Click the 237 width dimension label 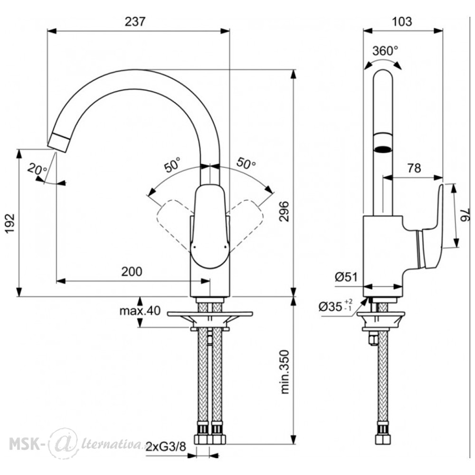pos(135,21)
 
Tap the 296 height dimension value pos(284,211)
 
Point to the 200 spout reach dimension pos(132,271)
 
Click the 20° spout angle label pos(37,169)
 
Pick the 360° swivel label pos(385,51)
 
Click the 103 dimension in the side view pos(402,21)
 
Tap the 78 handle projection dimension pos(414,168)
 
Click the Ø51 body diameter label pos(346,276)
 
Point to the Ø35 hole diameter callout pos(336,306)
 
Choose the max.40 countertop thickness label pos(140,311)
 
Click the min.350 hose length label pos(285,372)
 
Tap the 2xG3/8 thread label pos(166,447)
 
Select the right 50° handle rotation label pos(246,163)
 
